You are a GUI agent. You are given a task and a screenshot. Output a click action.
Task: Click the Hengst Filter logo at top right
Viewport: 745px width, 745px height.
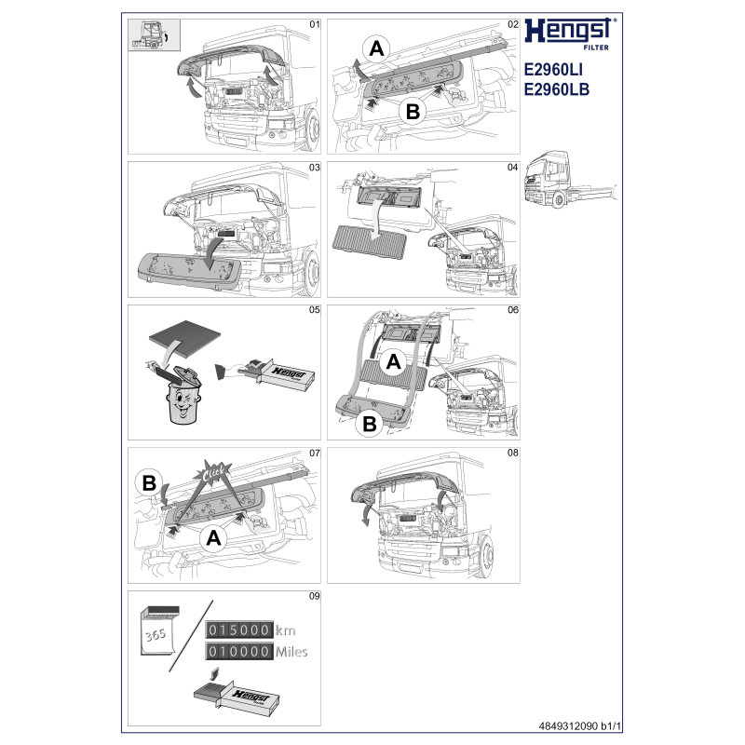click(570, 34)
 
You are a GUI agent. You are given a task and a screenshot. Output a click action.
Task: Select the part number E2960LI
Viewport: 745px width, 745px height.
click(553, 70)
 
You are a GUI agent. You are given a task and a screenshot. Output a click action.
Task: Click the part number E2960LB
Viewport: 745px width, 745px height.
click(556, 89)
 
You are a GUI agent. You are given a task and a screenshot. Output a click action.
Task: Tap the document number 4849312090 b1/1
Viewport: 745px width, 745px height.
click(579, 726)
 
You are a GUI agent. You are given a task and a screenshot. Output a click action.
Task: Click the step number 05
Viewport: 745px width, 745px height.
click(314, 310)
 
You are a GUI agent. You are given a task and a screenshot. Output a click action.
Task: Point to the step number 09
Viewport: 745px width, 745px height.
click(314, 596)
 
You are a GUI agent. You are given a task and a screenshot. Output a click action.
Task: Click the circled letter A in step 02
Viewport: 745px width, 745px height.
click(376, 49)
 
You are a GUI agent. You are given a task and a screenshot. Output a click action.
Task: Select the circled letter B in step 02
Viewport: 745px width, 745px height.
click(413, 112)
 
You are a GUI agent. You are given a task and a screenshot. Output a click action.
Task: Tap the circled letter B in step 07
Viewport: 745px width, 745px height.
click(149, 483)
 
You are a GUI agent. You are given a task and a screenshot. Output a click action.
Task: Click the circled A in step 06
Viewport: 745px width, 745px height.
click(393, 362)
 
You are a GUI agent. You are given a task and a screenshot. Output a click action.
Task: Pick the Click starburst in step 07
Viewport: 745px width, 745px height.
click(213, 473)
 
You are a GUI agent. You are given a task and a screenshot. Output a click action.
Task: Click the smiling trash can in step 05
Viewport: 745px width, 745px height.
click(183, 396)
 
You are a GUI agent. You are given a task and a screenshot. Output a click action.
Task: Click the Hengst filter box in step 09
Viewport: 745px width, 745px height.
click(237, 697)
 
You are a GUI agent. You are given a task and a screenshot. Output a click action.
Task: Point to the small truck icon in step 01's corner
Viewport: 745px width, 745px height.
click(154, 34)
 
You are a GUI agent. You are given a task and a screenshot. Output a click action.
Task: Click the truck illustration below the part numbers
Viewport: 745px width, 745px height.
click(570, 179)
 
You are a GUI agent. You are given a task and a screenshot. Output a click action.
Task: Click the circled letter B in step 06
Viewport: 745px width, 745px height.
click(370, 424)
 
